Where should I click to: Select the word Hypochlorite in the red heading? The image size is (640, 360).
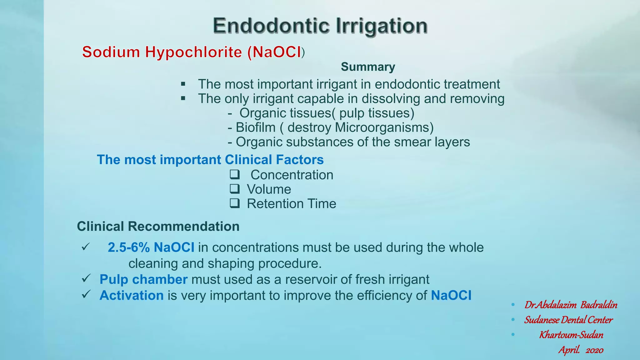[x=193, y=52]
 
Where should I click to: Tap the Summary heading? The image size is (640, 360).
[x=368, y=67]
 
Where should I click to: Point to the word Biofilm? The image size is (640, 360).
[x=255, y=127]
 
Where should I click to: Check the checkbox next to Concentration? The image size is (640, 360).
[x=235, y=174]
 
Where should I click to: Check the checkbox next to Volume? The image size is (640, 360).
[x=235, y=189]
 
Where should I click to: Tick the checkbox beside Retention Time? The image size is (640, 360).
[x=235, y=203]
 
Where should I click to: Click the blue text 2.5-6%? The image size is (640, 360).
[x=128, y=247]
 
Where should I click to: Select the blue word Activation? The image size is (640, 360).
[x=131, y=295]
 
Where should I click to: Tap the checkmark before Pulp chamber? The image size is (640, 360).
[x=86, y=278]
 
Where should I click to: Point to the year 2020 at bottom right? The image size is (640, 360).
[x=594, y=350]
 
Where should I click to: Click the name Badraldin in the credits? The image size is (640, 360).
[x=599, y=305]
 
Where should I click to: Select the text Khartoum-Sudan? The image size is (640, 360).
[x=571, y=335]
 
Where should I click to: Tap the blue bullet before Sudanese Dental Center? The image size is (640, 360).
[x=513, y=320]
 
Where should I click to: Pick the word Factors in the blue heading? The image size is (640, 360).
[x=300, y=160]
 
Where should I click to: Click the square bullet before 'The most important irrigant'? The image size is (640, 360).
[x=183, y=84]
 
